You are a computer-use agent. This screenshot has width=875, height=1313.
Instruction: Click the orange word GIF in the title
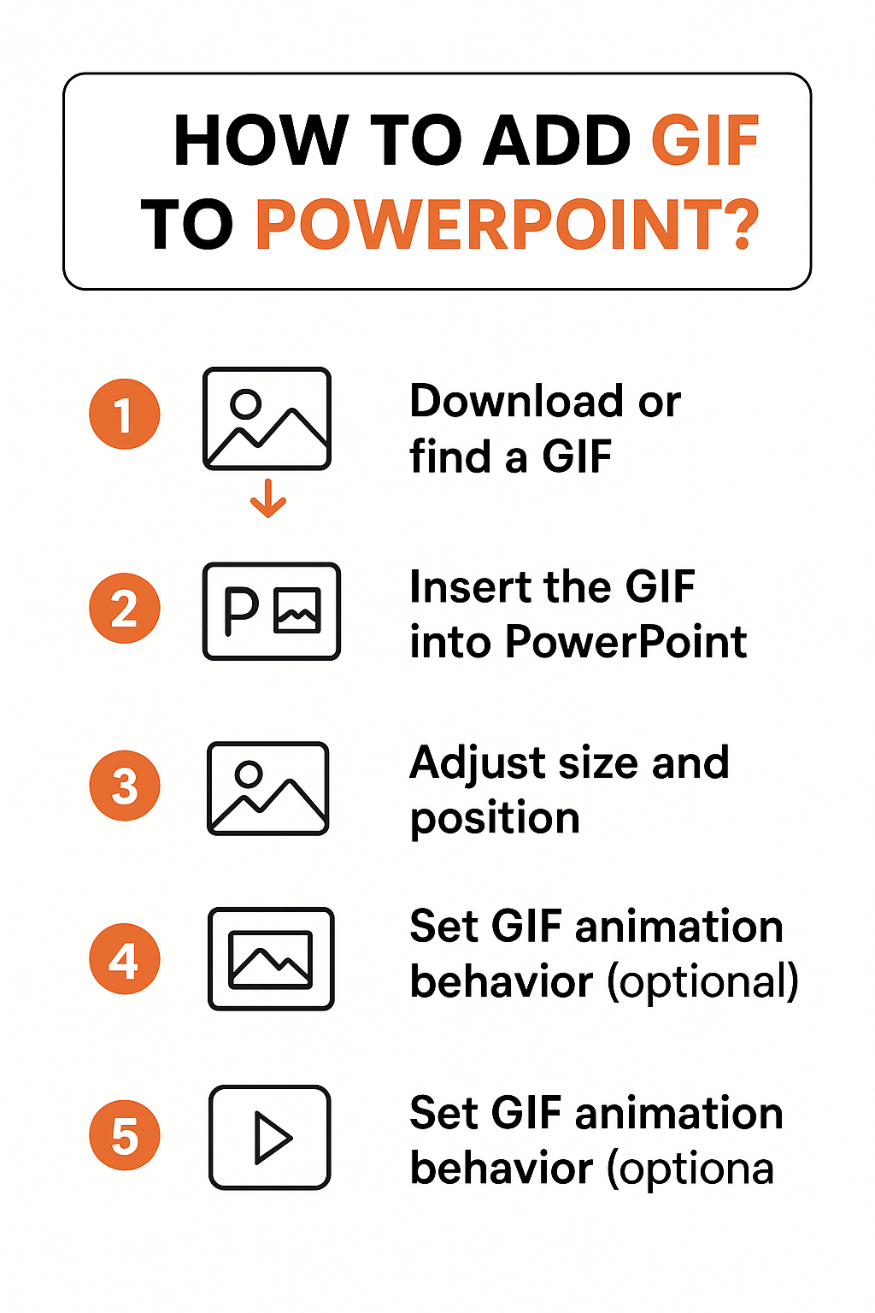point(705,140)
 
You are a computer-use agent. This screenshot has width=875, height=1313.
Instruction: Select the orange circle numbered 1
point(125,415)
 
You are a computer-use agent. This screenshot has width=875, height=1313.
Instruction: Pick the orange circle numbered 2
point(125,608)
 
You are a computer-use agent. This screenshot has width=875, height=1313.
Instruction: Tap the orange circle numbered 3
point(125,786)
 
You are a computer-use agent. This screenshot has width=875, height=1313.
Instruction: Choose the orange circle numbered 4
point(125,959)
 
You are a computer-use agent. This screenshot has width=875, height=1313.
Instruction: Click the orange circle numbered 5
point(125,1135)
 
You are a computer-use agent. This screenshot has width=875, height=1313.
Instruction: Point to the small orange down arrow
point(268,499)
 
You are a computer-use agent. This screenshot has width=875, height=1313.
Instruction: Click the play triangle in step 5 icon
point(272,1138)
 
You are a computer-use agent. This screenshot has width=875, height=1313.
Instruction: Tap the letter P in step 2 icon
point(241,611)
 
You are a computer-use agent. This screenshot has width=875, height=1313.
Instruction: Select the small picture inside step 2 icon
point(297,610)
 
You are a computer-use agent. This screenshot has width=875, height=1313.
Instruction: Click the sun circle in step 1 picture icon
point(246,403)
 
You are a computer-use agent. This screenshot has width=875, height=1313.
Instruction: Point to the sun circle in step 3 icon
point(249,774)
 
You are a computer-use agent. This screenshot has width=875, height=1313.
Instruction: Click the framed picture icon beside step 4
point(271,959)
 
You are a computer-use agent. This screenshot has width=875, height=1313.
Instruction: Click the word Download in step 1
point(516,401)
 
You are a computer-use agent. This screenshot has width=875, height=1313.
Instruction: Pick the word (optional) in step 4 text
point(702,982)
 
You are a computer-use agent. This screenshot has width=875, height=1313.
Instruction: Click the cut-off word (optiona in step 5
point(690,1169)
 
